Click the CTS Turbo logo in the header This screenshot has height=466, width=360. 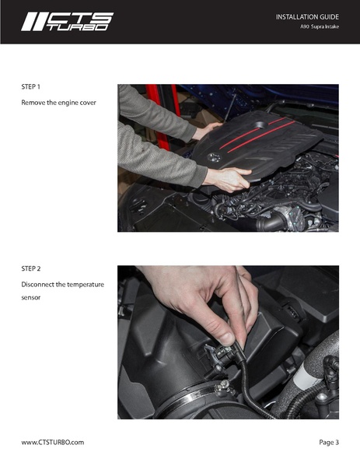coord(67,22)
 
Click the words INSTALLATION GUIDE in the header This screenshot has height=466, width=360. coord(307,16)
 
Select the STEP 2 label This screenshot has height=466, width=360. coord(31,268)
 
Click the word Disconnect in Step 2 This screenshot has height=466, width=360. coord(38,284)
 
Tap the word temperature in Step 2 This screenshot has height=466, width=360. coord(81,284)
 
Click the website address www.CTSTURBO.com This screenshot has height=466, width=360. coord(52,442)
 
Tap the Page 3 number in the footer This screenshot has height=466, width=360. coord(328,442)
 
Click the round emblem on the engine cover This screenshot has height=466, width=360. coord(215,158)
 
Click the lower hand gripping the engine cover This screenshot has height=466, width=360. coord(227,180)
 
